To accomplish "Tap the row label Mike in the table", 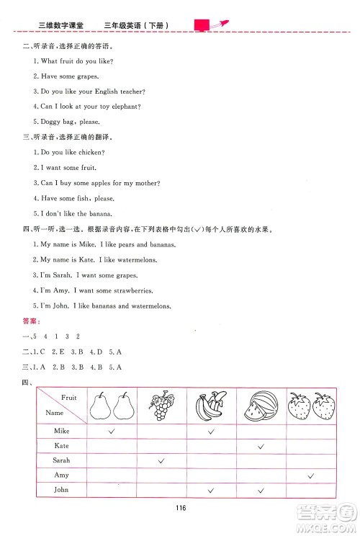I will (63, 431).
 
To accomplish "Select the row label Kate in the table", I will (62, 446).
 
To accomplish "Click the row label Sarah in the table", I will (62, 460).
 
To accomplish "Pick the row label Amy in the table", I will (62, 475).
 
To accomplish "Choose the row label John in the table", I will (62, 490).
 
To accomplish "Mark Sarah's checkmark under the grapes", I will (161, 460).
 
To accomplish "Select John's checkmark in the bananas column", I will (211, 491).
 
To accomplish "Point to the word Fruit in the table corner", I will (69, 397).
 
